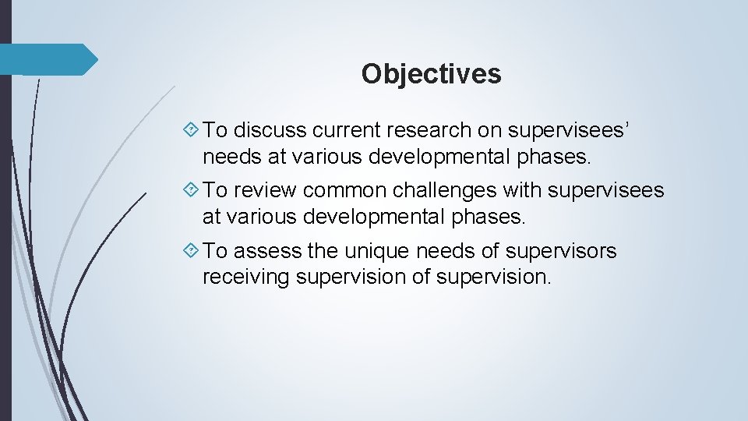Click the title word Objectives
(x=431, y=74)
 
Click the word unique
(x=382, y=251)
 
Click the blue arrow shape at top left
(x=48, y=59)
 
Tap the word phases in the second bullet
(x=489, y=216)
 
